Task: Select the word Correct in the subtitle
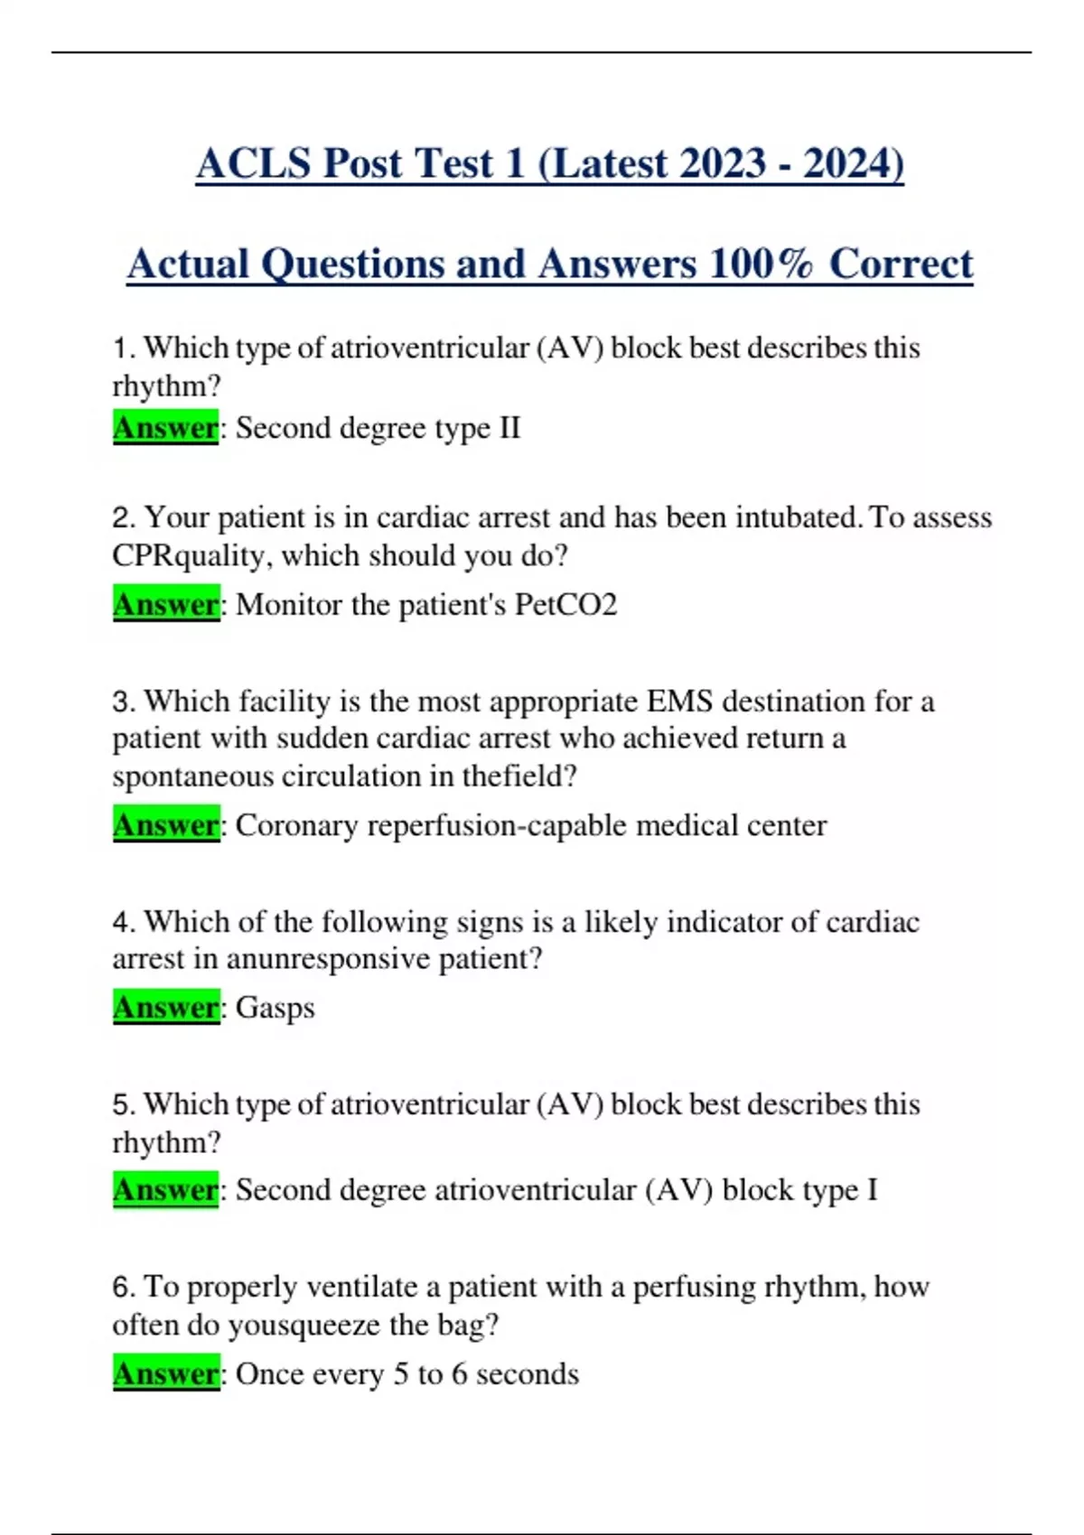click(901, 264)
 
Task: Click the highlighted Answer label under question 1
click(165, 427)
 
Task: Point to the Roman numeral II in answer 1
click(509, 427)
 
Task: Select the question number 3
click(123, 702)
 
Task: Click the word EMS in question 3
click(679, 702)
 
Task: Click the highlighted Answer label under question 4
click(165, 1007)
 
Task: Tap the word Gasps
click(275, 1007)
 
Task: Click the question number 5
click(123, 1104)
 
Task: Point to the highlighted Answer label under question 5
click(165, 1190)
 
